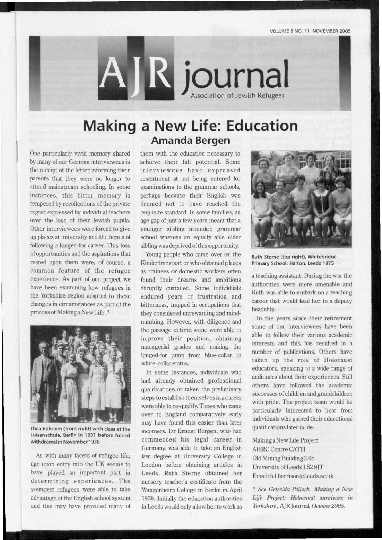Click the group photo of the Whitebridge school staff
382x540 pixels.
(x=302, y=200)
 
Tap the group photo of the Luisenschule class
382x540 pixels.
(x=80, y=374)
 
